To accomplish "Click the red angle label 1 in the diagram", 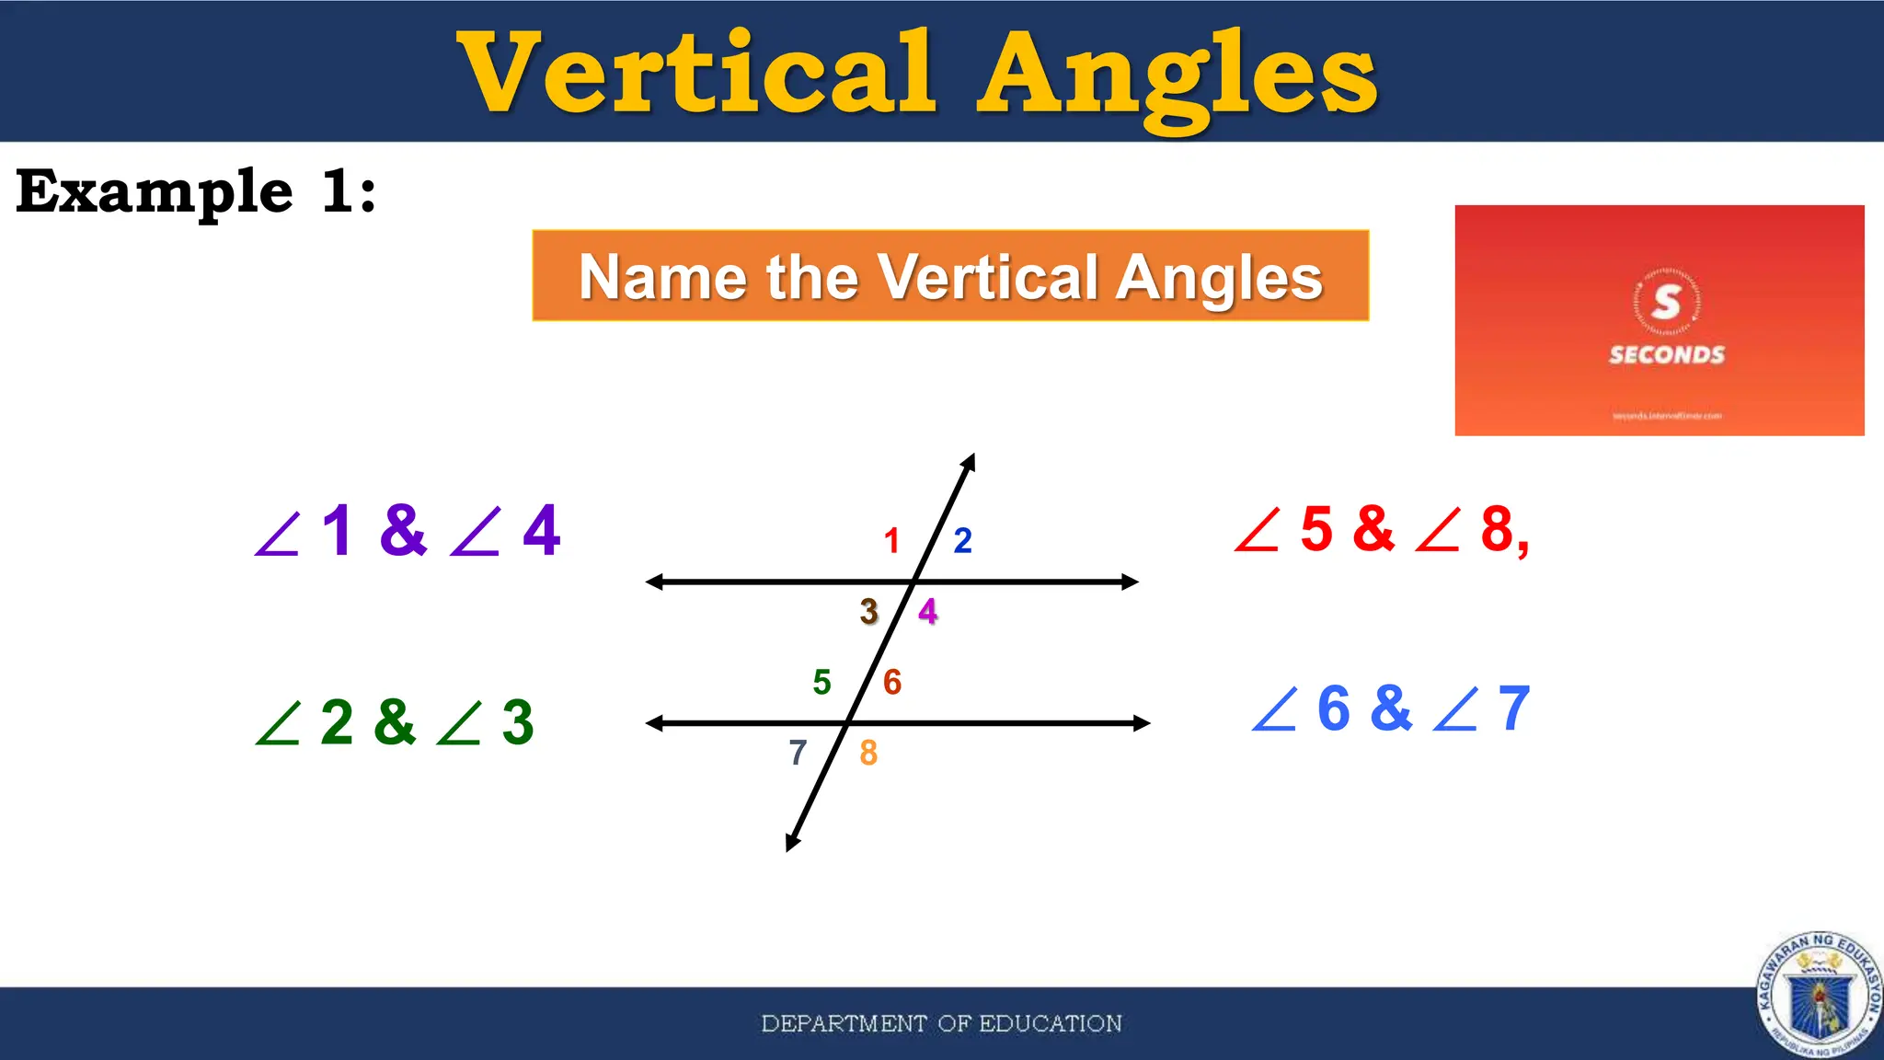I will pos(891,541).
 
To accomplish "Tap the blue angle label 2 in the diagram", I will pos(962,541).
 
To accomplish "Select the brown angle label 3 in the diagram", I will pos(869,612).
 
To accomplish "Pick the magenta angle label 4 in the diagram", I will pos(928,612).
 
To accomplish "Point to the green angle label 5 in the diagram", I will pos(821,683).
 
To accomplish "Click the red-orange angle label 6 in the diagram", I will pos(892,683).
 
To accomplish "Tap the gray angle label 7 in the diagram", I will pos(798,754).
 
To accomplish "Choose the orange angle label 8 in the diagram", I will pos(868,754).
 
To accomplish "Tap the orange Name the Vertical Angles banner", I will pos(950,276).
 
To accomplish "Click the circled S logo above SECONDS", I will pos(1666,302).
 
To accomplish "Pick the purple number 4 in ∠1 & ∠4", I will pos(542,531).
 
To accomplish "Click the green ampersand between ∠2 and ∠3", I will pos(395,722).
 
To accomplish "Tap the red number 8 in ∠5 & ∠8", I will pos(1499,531).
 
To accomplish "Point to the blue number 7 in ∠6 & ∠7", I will pos(1514,709).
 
